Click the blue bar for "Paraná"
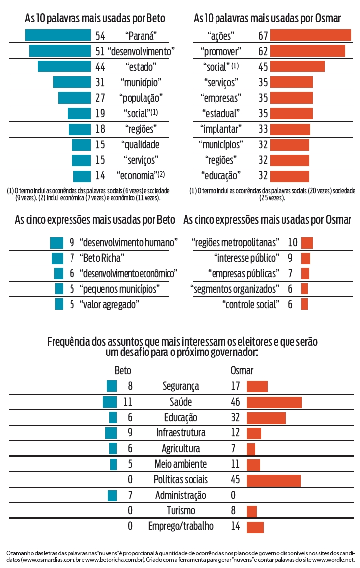click(x=58, y=35)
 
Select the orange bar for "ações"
click(x=310, y=35)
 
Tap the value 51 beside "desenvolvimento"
click(x=100, y=51)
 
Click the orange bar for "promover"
click(x=307, y=51)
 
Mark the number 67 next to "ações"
click(x=263, y=35)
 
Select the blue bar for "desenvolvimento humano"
click(x=57, y=243)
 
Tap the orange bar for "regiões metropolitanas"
click(x=307, y=243)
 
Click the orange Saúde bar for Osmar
click(x=274, y=402)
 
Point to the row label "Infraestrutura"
click(x=180, y=433)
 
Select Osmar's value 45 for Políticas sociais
click(x=235, y=480)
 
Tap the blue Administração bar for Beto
click(x=112, y=495)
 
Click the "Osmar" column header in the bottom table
click(x=242, y=371)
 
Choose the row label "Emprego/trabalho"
click(x=181, y=526)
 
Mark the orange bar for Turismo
click(x=251, y=511)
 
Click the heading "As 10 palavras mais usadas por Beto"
click(x=95, y=19)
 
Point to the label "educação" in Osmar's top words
click(x=221, y=176)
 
